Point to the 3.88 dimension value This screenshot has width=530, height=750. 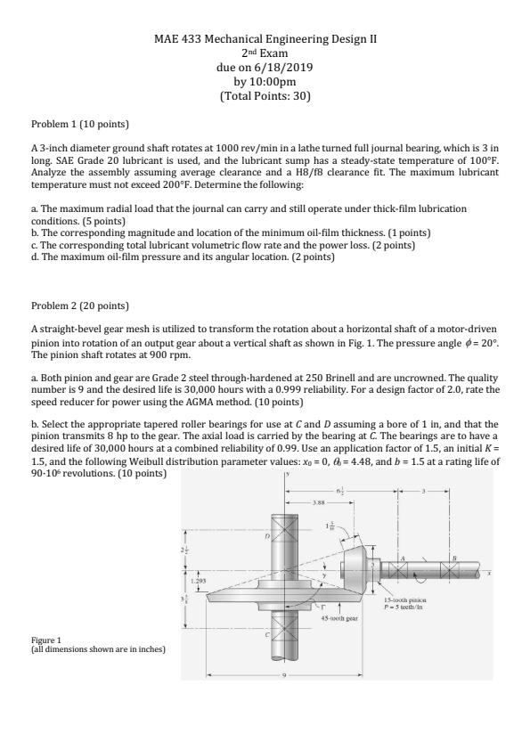click(x=319, y=502)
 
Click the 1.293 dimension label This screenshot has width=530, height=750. click(x=197, y=581)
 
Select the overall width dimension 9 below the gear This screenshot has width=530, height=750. click(x=285, y=675)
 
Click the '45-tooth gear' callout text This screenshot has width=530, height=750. click(x=339, y=618)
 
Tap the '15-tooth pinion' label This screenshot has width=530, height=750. click(x=405, y=599)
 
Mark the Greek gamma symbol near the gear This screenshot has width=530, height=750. click(x=323, y=606)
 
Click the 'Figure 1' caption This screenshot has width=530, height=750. click(x=46, y=640)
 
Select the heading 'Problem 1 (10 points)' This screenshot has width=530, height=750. click(x=80, y=125)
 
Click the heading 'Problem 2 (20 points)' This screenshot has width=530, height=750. click(x=80, y=306)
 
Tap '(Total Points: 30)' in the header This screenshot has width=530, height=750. click(x=265, y=96)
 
